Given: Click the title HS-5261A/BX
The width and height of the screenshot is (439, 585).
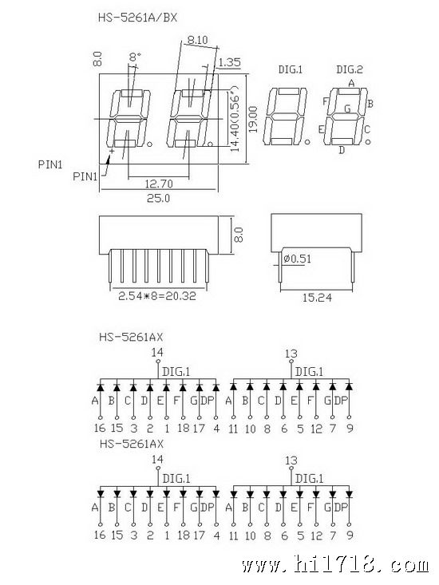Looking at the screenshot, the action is point(137,18).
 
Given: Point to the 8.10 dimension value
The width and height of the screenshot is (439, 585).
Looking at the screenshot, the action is point(198,40).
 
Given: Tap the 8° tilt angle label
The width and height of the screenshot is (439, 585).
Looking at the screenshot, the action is point(135,57).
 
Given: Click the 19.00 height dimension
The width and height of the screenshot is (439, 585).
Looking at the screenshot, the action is point(254,120).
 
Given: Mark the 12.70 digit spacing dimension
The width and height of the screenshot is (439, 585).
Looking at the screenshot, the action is point(159,184).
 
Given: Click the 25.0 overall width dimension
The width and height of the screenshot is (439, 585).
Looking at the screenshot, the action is point(158,198).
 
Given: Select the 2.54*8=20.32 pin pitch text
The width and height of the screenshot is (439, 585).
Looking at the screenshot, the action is point(157,296).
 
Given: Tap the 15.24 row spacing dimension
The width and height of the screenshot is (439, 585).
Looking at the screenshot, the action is point(317,298).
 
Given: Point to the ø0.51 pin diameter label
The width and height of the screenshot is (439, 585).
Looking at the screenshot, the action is point(297,259).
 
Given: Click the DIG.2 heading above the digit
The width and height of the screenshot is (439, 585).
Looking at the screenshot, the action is point(350,69).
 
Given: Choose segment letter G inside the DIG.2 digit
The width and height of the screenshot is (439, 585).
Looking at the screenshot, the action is point(347,109).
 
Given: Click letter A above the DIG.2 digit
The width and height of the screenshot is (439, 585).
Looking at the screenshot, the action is point(351,84).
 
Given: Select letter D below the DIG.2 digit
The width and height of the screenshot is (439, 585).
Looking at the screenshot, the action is point(342,150).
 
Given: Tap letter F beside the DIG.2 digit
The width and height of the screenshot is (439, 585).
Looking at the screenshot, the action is point(325,101).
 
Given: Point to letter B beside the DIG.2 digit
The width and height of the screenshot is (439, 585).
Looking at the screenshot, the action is point(370,104).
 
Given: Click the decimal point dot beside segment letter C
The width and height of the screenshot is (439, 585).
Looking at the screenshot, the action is point(368,142).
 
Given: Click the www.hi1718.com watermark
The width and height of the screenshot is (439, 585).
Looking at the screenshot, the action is point(335,565).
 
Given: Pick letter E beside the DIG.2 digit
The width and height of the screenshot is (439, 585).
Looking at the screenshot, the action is point(321,129).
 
